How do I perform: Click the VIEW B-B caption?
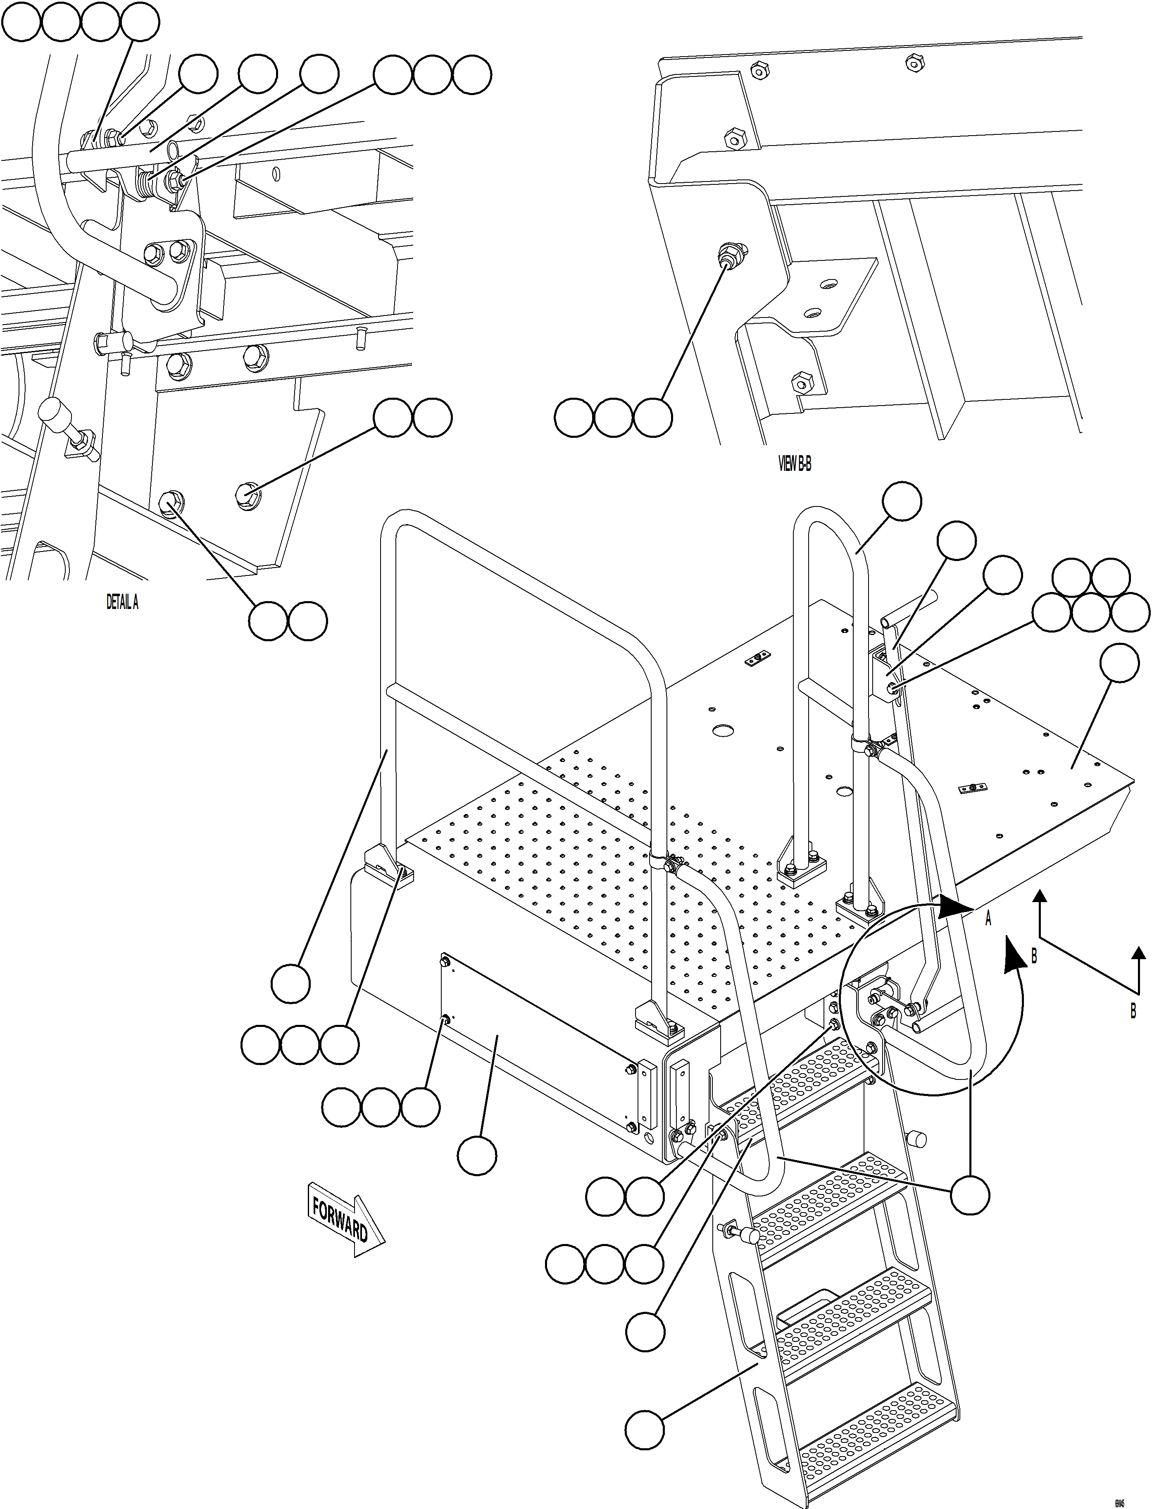tap(795, 464)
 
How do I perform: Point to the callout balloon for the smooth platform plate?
tap(1119, 663)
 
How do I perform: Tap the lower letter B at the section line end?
tap(1133, 1010)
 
